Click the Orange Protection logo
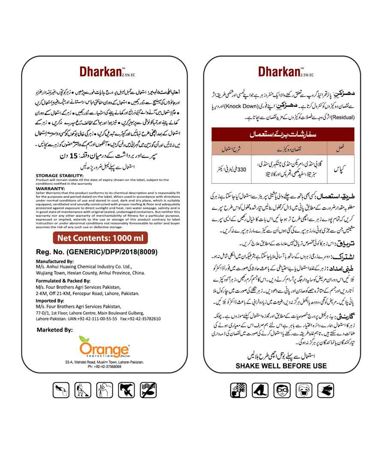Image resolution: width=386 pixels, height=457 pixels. click(x=104, y=347)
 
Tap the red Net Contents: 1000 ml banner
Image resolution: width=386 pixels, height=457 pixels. click(x=100, y=238)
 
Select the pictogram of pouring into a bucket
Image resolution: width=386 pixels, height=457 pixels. click(x=60, y=390)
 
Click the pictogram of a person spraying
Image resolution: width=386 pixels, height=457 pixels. click(x=82, y=390)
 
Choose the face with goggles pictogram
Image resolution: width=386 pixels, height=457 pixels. click(x=280, y=390)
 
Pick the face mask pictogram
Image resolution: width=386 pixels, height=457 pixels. click(x=303, y=390)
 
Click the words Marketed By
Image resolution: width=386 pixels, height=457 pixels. click(x=54, y=330)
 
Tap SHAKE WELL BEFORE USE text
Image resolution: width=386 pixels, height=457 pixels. click(x=281, y=366)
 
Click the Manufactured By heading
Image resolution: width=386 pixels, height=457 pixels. click(x=55, y=261)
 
